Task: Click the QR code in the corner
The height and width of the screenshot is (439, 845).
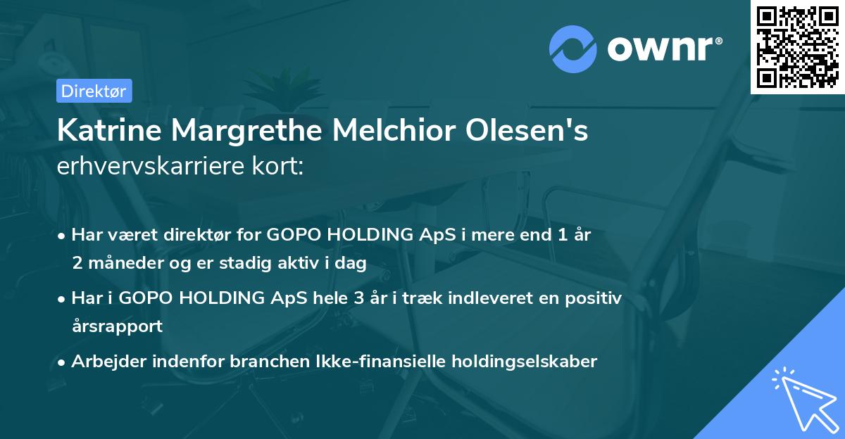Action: tap(797, 47)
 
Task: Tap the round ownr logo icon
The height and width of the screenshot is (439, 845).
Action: tap(573, 48)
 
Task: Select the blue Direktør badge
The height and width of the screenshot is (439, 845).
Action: tap(93, 91)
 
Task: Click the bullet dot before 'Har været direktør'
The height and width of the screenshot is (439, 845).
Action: tap(63, 236)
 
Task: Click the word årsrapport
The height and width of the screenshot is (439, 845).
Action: tap(117, 326)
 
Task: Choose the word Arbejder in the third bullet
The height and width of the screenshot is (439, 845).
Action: tap(105, 362)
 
